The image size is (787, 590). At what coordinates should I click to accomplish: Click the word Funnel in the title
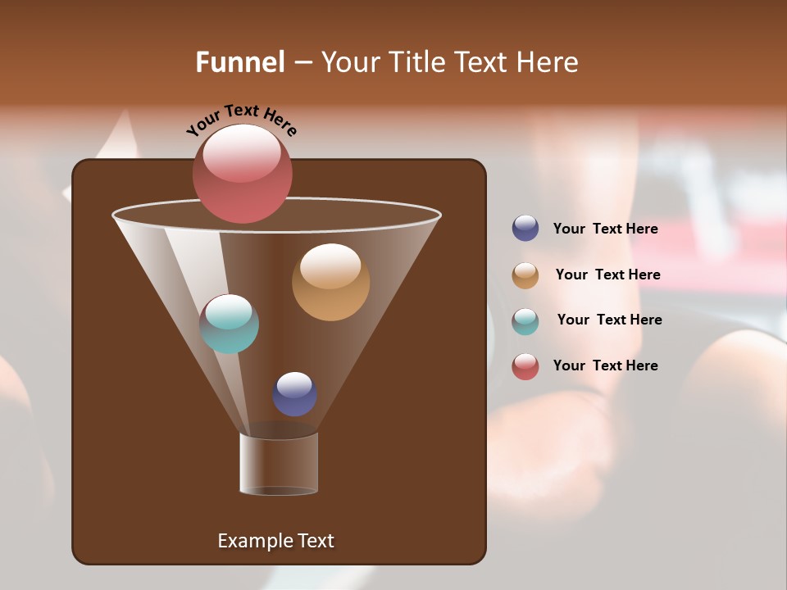point(239,62)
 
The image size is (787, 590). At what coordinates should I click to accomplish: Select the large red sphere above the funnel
point(242,174)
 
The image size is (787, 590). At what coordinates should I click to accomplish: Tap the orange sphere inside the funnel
point(330,282)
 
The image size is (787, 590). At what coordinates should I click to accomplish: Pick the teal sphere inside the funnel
point(230,324)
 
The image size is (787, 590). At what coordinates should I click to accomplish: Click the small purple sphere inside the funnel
point(294,393)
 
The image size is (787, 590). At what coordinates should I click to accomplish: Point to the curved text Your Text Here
point(242,120)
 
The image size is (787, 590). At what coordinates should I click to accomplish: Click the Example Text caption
point(275,541)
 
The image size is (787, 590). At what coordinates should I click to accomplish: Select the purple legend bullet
point(525,229)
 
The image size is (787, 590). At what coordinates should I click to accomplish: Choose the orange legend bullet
point(525,275)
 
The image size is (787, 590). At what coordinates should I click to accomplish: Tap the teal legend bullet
point(525,320)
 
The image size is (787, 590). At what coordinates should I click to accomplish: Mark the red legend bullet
point(525,366)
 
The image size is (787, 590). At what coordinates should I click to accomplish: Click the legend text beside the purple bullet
point(605,229)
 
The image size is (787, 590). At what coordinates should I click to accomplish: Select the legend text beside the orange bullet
point(607,275)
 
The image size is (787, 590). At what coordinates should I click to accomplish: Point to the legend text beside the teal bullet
point(609,320)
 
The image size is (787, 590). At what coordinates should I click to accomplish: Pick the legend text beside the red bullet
point(605,366)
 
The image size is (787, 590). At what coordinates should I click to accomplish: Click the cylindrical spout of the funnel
point(279,464)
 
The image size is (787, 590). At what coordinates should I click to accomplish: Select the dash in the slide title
point(302,63)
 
